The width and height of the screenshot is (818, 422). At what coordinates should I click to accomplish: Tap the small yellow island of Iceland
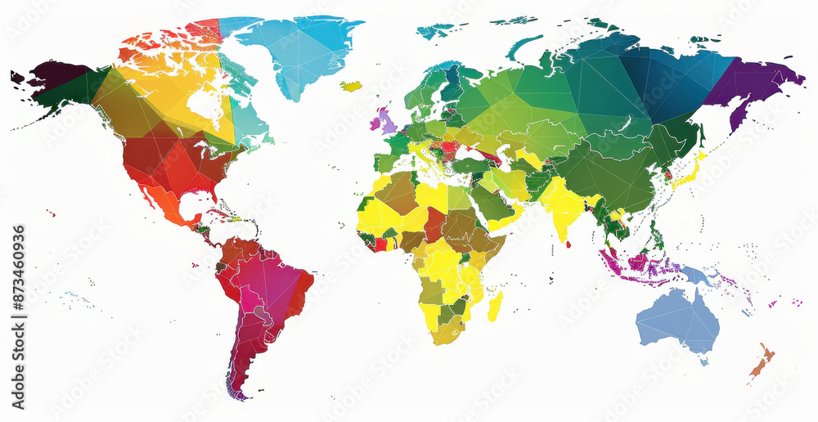pyautogui.click(x=352, y=86)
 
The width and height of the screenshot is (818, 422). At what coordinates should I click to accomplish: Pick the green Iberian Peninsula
pyautogui.click(x=384, y=162)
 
